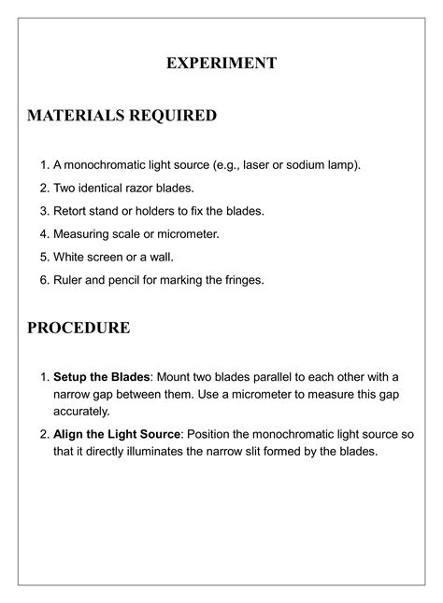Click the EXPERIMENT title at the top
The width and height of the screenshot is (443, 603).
[x=221, y=63]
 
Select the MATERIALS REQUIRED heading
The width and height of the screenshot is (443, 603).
[x=121, y=116]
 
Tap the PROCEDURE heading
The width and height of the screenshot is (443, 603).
[x=79, y=328]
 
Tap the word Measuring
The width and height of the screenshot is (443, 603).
[x=83, y=233]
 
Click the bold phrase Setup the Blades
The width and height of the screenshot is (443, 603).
[x=101, y=376]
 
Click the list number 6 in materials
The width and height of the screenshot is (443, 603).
[x=43, y=278]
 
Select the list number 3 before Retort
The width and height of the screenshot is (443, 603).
[x=43, y=210]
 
